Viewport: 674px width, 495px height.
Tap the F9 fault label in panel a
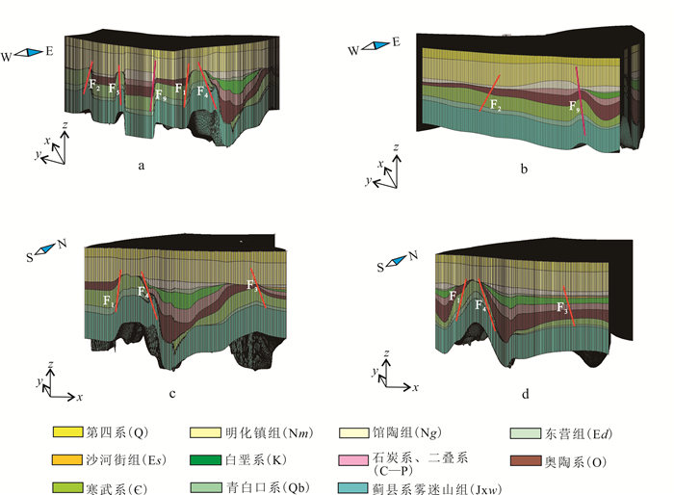click(x=161, y=94)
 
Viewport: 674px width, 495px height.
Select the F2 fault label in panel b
click(x=496, y=104)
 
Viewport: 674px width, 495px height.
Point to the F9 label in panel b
click(x=575, y=106)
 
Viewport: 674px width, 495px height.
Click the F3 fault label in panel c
click(x=253, y=286)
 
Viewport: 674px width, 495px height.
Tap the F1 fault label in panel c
click(x=109, y=301)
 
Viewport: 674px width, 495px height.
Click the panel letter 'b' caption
click(x=524, y=170)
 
